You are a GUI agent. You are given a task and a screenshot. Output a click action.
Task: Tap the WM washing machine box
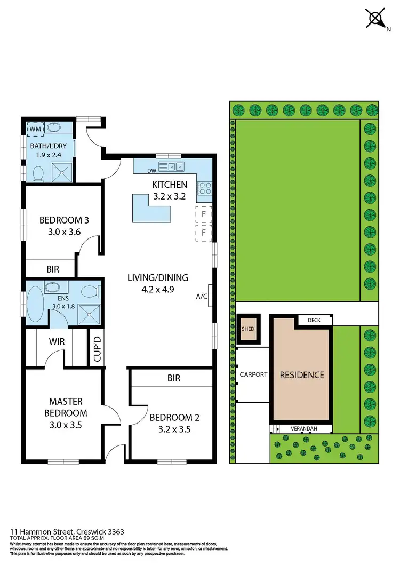click(x=36, y=129)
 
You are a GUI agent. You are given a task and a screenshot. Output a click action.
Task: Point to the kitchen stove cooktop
click(x=205, y=187)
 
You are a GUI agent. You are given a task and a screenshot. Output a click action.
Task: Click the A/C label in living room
click(x=201, y=296)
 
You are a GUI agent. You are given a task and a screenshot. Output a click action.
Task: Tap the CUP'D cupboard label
click(x=97, y=348)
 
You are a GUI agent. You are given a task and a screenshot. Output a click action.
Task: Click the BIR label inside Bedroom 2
click(x=173, y=378)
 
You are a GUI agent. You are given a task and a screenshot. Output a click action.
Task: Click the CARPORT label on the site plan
click(x=253, y=374)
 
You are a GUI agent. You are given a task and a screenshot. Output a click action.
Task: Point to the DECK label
click(x=314, y=321)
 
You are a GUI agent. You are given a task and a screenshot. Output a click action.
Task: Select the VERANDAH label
click(x=304, y=428)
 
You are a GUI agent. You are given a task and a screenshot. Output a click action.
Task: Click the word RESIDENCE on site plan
click(x=302, y=375)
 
